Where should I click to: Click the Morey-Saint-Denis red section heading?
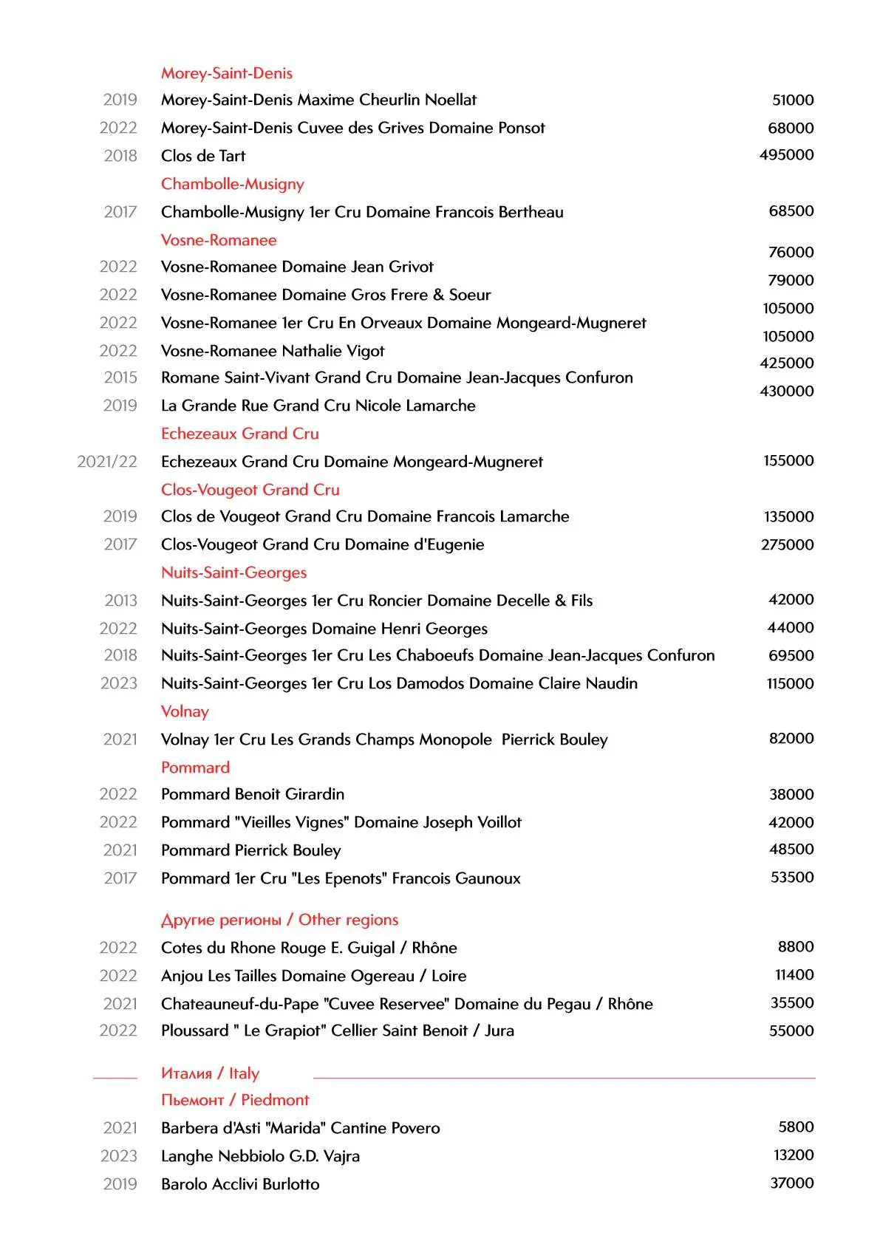[227, 73]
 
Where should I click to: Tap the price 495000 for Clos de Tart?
[786, 154]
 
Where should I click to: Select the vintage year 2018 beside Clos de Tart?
[120, 156]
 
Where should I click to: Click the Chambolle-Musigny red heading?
[233, 184]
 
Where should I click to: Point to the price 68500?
[791, 211]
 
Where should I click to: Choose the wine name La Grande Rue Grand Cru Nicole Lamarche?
[318, 406]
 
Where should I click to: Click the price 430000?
[786, 391]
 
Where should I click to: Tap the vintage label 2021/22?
[107, 462]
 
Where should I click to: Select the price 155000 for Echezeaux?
[788, 460]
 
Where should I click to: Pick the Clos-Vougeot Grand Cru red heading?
[250, 490]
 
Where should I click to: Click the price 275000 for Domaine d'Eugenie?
[787, 544]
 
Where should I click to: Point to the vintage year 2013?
[120, 601]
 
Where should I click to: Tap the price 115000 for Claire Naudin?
[790, 683]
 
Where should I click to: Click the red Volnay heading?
[185, 711]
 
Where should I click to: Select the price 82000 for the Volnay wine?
[791, 738]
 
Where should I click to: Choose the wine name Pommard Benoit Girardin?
[253, 794]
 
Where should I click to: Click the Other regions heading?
[279, 920]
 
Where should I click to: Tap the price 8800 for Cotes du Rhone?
[795, 946]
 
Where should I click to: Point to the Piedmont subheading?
[235, 1100]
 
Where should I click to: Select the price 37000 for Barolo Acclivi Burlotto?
[791, 1183]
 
